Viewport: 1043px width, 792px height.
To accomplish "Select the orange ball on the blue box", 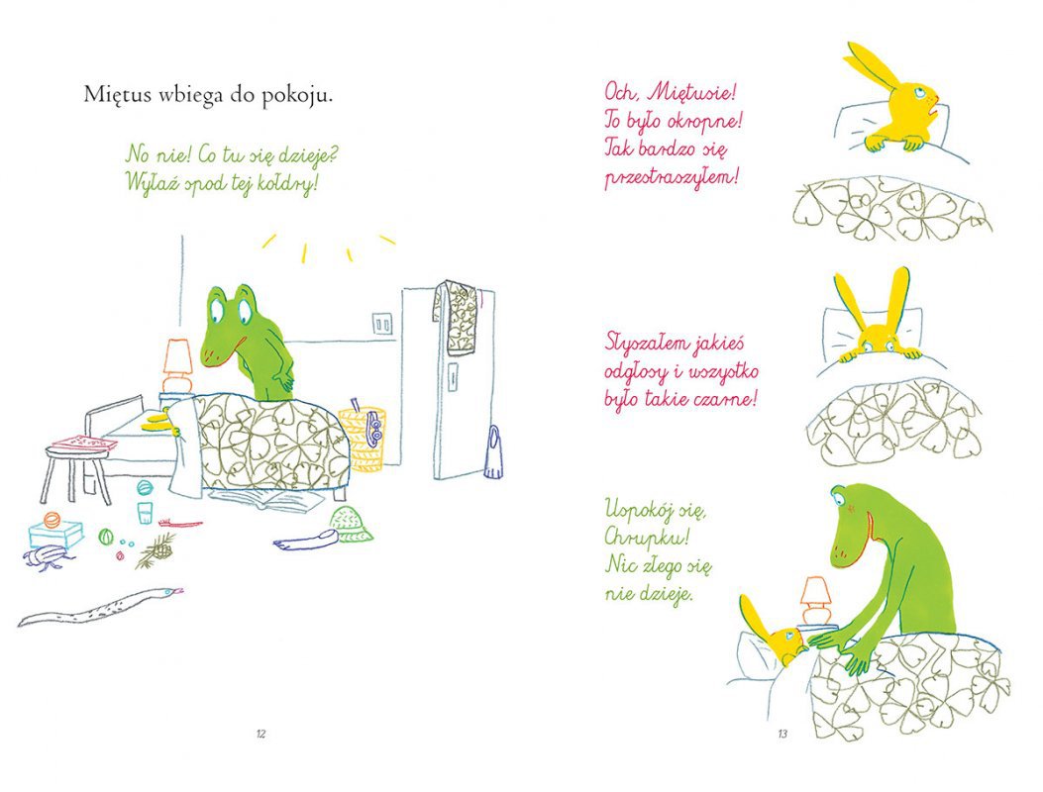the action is pos(52,518).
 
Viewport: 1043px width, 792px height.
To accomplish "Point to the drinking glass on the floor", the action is pos(146,513).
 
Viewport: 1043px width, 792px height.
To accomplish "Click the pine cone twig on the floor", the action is pos(156,549).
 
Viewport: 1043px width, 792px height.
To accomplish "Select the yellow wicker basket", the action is pos(363,438).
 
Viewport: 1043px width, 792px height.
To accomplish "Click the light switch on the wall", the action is pos(382,325).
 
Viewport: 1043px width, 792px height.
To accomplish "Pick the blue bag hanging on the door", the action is pos(492,452).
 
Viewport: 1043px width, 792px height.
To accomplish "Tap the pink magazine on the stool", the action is pos(80,442).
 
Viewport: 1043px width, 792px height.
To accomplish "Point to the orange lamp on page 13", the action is pos(815,601).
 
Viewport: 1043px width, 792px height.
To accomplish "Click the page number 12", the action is pos(261,735).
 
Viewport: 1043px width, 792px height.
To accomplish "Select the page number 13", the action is pos(782,735).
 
